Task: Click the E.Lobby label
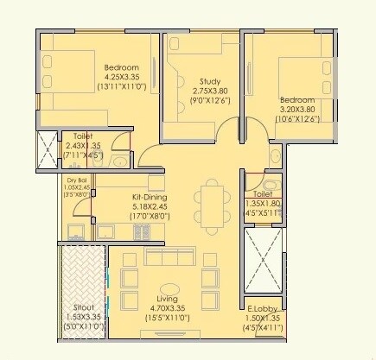261,309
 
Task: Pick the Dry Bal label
77,180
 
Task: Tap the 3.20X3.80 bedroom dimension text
300,110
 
